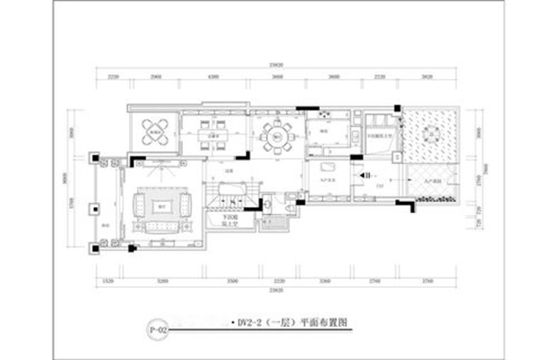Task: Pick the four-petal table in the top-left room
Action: click(155, 130)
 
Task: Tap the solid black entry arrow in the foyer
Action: click(363, 176)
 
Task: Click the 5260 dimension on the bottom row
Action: click(163, 283)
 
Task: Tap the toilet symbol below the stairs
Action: click(267, 221)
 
